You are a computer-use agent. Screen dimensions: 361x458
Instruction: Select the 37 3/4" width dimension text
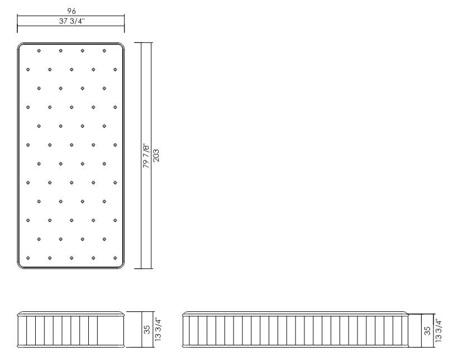pos(71,21)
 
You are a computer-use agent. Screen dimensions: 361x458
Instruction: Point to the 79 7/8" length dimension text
pos(146,155)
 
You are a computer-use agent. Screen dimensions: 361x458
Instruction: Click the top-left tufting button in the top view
pos(39,51)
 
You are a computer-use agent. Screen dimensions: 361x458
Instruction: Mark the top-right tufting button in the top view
pos(104,51)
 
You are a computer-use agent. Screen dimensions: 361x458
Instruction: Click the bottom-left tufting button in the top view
pos(28,258)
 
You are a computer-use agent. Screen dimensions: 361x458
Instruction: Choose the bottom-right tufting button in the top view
pos(115,258)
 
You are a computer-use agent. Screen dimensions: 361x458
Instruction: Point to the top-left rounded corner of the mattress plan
pos(20,45)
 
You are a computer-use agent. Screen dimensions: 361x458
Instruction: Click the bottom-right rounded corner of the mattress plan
pos(121,266)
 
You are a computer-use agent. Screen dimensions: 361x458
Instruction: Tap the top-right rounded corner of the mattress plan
pos(121,45)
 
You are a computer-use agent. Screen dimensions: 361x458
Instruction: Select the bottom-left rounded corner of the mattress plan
pos(20,266)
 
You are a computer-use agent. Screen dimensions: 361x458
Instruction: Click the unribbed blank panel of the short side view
pos(110,330)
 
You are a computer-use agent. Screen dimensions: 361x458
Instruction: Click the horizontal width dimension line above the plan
pos(71,16)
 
